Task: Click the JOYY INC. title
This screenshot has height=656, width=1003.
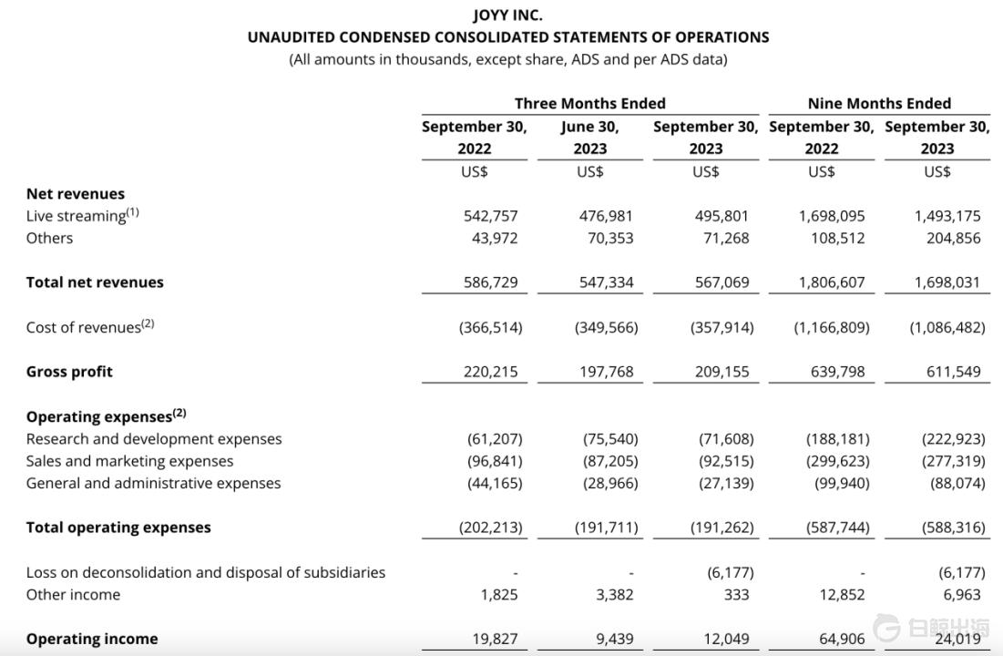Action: click(507, 15)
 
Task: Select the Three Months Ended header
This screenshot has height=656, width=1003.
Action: click(589, 104)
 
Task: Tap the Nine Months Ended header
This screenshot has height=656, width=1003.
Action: click(879, 104)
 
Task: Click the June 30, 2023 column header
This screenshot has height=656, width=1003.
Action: click(589, 138)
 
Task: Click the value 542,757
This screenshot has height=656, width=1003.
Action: click(490, 216)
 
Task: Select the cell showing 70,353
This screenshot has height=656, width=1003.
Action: click(606, 238)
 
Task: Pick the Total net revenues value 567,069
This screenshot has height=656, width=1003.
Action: click(722, 282)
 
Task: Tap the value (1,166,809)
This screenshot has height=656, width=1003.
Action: click(831, 327)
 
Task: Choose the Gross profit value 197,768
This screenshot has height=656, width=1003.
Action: click(606, 372)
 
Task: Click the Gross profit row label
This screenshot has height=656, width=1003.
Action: click(69, 372)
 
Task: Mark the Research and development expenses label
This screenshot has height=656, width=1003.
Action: click(154, 439)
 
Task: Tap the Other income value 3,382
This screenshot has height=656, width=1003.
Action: click(615, 595)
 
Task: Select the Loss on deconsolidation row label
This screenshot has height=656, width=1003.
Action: click(205, 572)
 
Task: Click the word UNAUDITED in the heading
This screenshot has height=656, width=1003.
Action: click(292, 37)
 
